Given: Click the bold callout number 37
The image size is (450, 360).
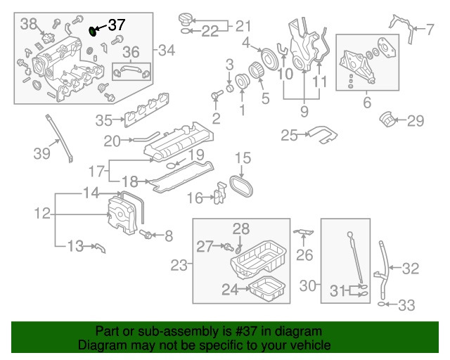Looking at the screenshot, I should coord(116,25).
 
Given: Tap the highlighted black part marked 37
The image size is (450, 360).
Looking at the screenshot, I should coord(94,31).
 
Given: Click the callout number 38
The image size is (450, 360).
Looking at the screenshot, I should coord(28,24).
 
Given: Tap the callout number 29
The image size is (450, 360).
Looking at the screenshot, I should coord(416,121).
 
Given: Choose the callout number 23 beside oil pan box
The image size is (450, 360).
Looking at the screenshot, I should coord(179,265).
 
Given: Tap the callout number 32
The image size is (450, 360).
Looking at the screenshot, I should coord(410,268).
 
